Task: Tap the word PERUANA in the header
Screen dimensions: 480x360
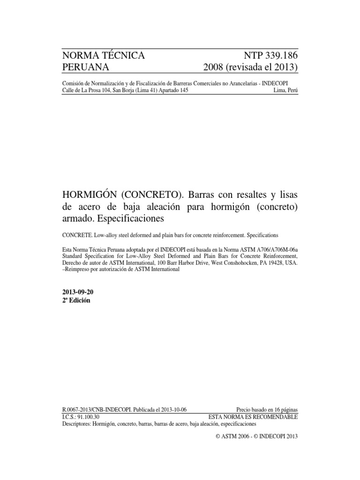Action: pos(86,67)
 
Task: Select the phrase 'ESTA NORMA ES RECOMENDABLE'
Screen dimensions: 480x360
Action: pos(253,416)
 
